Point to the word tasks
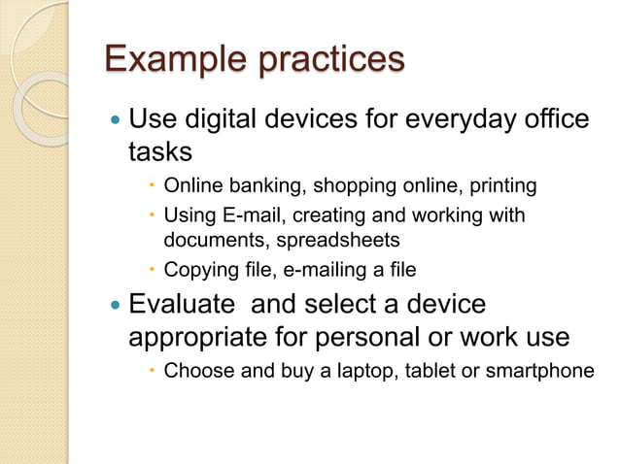click(x=161, y=151)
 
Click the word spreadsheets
click(x=334, y=239)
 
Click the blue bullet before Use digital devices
click(x=116, y=121)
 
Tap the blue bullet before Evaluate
click(x=116, y=306)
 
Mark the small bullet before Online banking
click(x=152, y=186)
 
